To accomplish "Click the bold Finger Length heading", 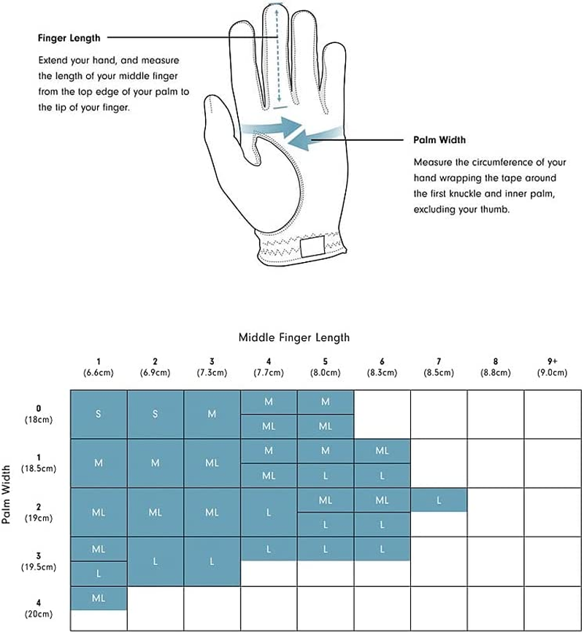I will click(x=69, y=38).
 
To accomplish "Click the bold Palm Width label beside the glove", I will click(x=439, y=140).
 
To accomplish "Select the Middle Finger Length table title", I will click(x=294, y=337).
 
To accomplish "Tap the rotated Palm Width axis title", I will click(x=7, y=496).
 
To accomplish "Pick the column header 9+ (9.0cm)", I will click(x=552, y=367).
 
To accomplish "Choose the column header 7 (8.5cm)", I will click(x=438, y=367).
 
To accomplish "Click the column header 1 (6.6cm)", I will click(x=99, y=367).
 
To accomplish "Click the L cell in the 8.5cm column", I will click(x=439, y=500).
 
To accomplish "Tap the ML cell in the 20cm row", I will click(x=99, y=598).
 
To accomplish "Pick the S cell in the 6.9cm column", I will click(x=155, y=414).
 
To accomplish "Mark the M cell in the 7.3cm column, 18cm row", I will click(x=212, y=414).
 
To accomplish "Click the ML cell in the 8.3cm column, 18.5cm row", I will click(x=382, y=451).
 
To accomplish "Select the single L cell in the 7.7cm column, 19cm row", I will click(x=269, y=512).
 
